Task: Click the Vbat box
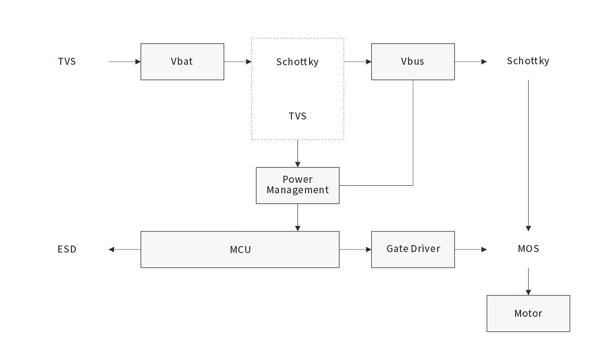182,62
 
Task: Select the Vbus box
413,62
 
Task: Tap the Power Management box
297,185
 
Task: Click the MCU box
240,249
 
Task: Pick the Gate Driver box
413,249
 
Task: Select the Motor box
528,313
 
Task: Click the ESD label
67,249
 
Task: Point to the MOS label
528,249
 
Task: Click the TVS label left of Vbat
67,62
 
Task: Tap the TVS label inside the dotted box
297,116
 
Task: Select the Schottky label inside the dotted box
297,62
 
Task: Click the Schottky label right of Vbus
528,61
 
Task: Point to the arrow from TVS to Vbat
125,62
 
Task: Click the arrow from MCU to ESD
125,249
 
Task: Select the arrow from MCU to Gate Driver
355,249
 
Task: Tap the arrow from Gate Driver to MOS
471,249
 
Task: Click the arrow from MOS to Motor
528,281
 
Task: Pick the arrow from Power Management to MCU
297,217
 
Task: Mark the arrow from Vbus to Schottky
471,62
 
